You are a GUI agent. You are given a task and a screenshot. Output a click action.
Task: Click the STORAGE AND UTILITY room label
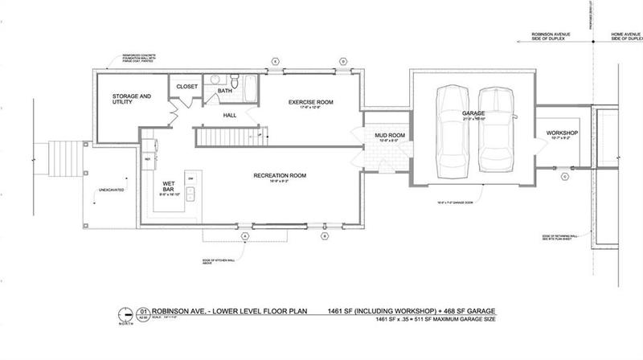pos(132,99)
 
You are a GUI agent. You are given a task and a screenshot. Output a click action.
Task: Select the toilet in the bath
pos(234,83)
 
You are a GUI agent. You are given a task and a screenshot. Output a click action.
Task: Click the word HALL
pos(229,116)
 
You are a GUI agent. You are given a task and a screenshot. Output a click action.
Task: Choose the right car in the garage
pos(495,130)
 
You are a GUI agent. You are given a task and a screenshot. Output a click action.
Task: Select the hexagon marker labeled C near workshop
pos(564,175)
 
